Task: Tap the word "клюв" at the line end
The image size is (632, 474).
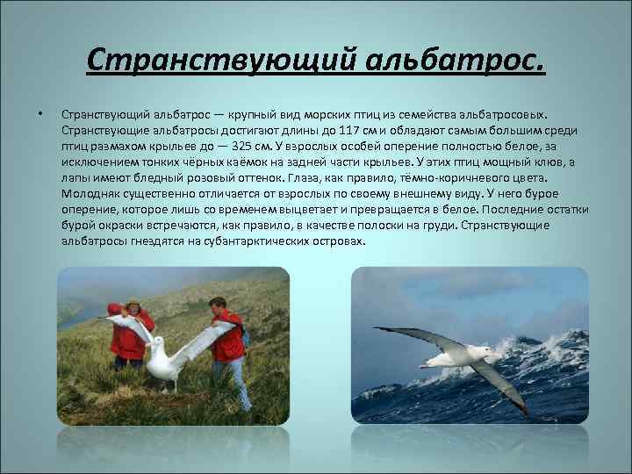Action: pos(549,162)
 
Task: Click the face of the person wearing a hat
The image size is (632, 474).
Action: pos(133,308)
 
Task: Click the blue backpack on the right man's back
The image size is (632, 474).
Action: pos(246,334)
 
